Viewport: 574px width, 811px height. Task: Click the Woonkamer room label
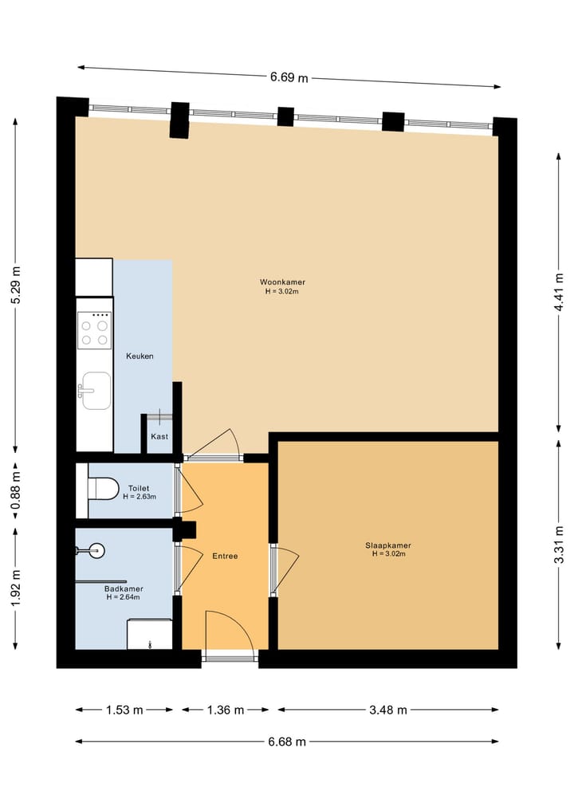coord(282,282)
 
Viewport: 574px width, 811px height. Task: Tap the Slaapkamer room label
coord(388,545)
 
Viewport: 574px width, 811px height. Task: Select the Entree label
coord(225,556)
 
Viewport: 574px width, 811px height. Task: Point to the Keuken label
coord(140,356)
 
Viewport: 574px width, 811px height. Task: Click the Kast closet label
coord(159,437)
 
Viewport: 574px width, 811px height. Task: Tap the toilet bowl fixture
coord(102,487)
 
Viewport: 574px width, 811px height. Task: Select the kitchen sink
coord(96,390)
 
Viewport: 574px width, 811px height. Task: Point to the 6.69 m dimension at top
coord(289,77)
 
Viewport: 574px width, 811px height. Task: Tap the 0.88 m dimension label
coord(15,490)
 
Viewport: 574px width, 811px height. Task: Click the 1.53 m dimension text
coord(124,710)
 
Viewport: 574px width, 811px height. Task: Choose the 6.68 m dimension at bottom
coord(287,742)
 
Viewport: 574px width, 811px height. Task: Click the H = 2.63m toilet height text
coord(140,497)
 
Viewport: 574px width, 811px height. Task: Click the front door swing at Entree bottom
coord(230,632)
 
